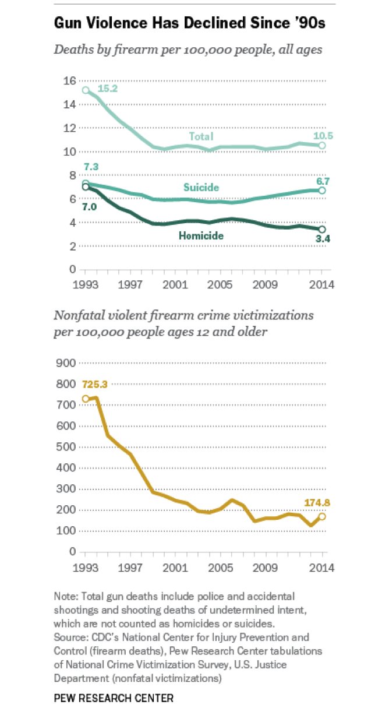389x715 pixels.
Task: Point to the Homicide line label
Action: (202, 235)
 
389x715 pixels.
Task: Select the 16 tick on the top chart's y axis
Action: (69, 80)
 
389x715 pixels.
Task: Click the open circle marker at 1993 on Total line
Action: (86, 90)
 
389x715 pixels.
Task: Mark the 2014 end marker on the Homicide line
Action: (321, 229)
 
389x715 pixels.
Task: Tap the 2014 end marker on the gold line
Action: (321, 516)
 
